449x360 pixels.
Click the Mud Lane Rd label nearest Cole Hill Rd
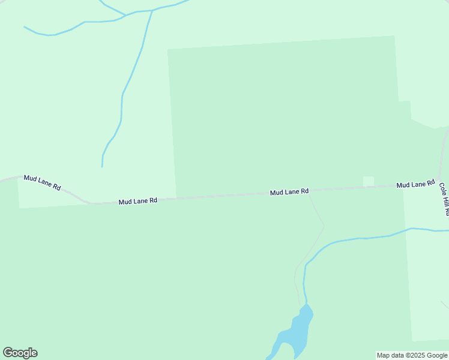coord(415,184)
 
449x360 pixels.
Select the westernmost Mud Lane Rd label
coord(43,182)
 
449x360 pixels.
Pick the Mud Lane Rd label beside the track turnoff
coord(289,191)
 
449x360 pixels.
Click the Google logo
coord(20,353)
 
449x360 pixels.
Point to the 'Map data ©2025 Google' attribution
coord(412,355)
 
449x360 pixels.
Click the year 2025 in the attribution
coord(416,355)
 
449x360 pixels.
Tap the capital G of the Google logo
coord(8,353)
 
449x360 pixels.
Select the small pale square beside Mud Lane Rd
coord(369,181)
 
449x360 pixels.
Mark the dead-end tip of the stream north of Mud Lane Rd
coord(102,167)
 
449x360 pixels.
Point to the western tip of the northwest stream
coord(24,26)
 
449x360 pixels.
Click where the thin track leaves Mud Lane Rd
coord(308,192)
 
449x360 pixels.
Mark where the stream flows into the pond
coord(306,304)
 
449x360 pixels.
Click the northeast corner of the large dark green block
coord(394,36)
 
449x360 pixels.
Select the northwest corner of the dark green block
coord(167,49)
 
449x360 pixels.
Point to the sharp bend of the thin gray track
coord(324,226)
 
